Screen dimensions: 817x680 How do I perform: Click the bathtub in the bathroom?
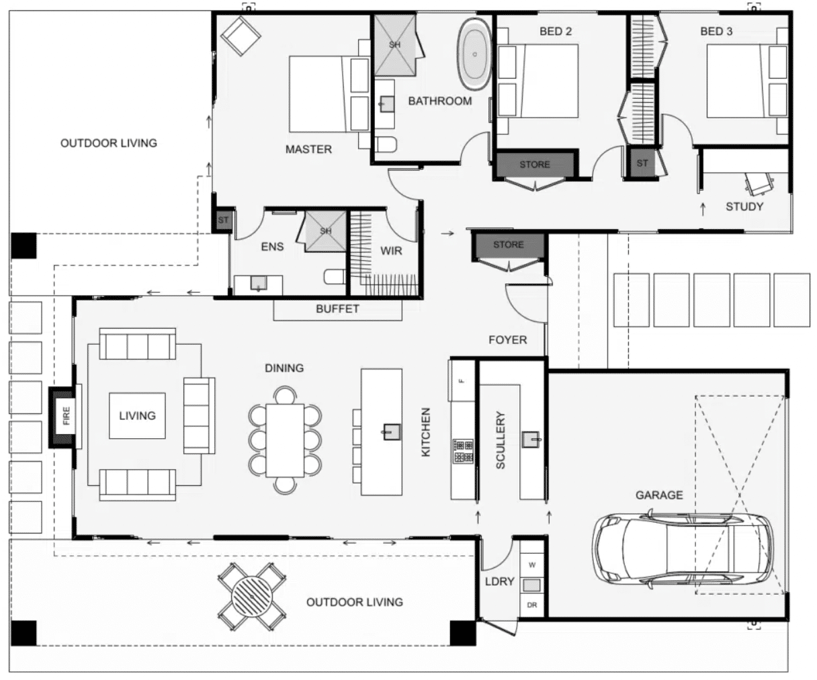pyautogui.click(x=474, y=54)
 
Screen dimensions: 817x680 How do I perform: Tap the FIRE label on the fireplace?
pyautogui.click(x=66, y=415)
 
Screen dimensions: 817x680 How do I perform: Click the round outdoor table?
pyautogui.click(x=251, y=597)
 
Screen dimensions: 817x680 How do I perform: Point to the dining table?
pyautogui.click(x=285, y=441)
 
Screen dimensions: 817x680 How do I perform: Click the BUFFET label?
pyautogui.click(x=337, y=309)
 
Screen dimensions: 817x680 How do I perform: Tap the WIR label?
pyautogui.click(x=391, y=251)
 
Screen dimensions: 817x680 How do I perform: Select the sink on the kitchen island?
pyautogui.click(x=392, y=432)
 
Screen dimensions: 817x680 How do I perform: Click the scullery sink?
pyautogui.click(x=531, y=439)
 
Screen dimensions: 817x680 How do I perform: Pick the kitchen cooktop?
pyautogui.click(x=464, y=451)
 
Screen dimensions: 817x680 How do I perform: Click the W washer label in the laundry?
pyautogui.click(x=531, y=565)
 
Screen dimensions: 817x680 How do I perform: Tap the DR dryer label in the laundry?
pyautogui.click(x=531, y=605)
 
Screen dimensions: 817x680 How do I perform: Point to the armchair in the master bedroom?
pyautogui.click(x=241, y=36)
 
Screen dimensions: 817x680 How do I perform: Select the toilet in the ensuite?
pyautogui.click(x=334, y=277)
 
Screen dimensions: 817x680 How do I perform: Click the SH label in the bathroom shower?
pyautogui.click(x=394, y=44)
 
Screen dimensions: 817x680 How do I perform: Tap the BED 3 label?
pyautogui.click(x=716, y=32)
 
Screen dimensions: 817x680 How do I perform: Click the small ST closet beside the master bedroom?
pyautogui.click(x=223, y=220)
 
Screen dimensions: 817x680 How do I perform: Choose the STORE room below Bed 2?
pyautogui.click(x=535, y=165)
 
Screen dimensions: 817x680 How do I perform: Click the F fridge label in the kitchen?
pyautogui.click(x=463, y=381)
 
